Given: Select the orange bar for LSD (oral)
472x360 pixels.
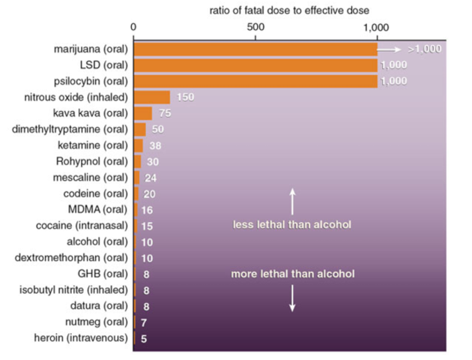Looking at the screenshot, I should click(x=255, y=65).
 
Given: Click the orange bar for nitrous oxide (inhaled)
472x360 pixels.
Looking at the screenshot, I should click(x=152, y=97).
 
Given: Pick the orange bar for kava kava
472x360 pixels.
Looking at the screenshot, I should click(x=143, y=113).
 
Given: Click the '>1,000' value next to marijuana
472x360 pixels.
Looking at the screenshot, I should click(x=425, y=49).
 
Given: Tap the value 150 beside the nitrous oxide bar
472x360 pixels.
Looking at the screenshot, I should click(x=185, y=97).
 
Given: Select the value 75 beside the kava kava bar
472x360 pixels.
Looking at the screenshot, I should click(x=166, y=113).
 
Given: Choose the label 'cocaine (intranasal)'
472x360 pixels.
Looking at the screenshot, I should click(x=82, y=225).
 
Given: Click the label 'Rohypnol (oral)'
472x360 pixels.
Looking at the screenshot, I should click(x=92, y=160).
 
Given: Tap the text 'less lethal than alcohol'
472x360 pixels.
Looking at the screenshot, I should click(x=292, y=224).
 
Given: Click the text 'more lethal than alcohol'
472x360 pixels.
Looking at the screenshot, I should click(x=292, y=274).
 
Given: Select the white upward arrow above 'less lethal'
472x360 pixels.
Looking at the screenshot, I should click(x=292, y=201).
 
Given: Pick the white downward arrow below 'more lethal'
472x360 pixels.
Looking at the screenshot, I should click(x=292, y=298).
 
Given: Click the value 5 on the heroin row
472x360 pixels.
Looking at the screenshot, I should click(x=144, y=338).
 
